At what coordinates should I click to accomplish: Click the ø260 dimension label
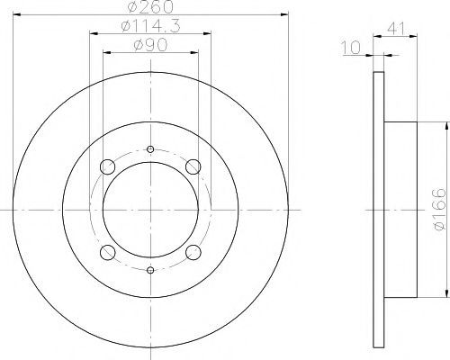pos(150,6)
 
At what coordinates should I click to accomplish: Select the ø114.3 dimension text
pos(150,26)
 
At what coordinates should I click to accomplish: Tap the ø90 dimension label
pos(150,46)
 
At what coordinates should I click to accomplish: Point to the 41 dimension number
pos(396,28)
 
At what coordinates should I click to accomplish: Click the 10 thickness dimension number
pos(351,48)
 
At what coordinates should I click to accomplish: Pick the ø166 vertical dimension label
pos(440,210)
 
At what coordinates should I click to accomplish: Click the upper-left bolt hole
pos(107,167)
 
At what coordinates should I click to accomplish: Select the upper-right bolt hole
pos(193,167)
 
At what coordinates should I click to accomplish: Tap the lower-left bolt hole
pos(107,252)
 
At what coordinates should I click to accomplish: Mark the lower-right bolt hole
pos(193,252)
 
